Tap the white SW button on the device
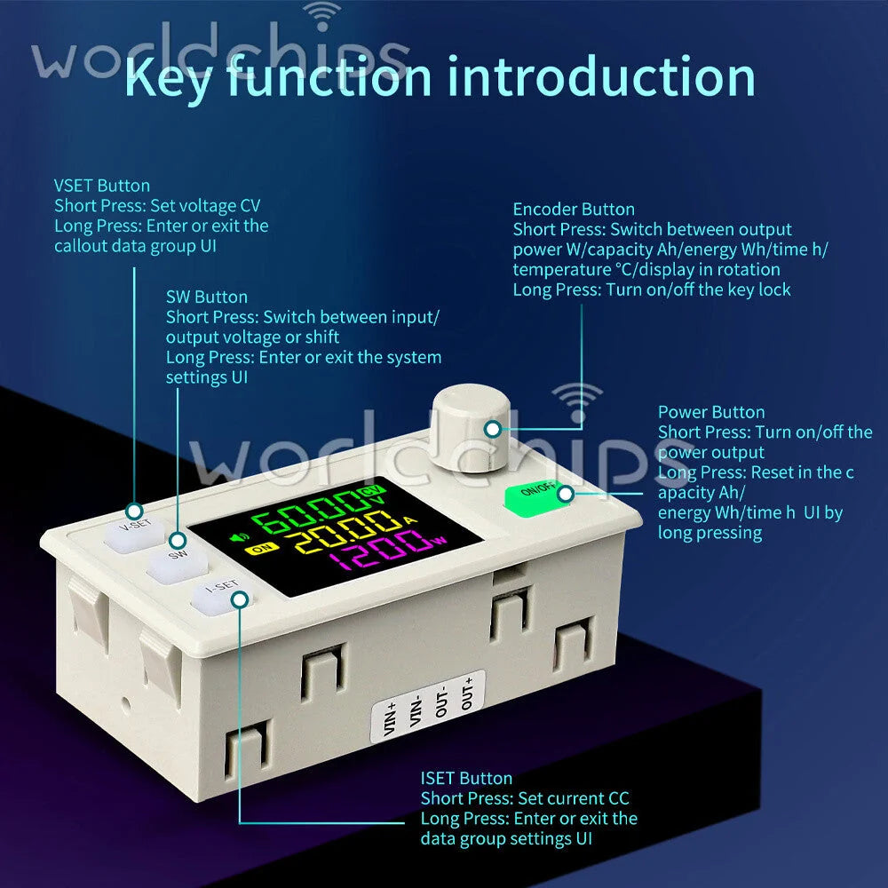tap(178, 563)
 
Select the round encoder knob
tap(471, 428)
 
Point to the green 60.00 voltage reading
tap(305, 512)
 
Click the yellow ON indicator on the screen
tap(261, 548)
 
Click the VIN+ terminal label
tap(390, 720)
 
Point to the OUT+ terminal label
tap(467, 694)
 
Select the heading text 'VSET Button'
tap(102, 186)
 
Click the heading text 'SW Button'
tap(207, 297)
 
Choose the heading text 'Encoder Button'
tap(574, 210)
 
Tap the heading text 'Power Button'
tap(711, 412)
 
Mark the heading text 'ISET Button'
tap(466, 779)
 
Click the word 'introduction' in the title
tap(601, 77)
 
